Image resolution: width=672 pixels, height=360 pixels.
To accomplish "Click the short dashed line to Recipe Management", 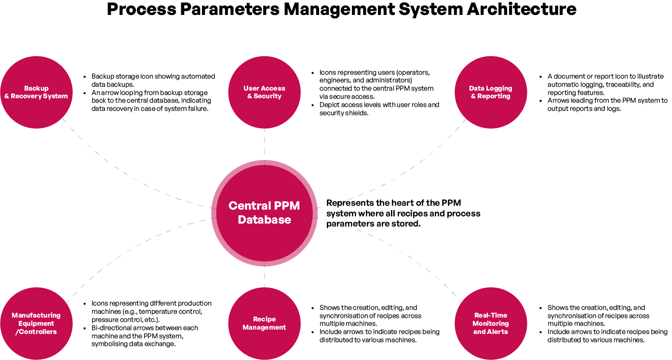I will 264,277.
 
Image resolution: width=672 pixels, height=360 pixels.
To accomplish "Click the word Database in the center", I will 264,220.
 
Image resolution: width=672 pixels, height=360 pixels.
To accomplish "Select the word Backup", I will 36,88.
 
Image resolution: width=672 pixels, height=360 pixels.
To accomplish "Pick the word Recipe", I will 264,319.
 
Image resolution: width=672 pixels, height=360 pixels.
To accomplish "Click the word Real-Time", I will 491,315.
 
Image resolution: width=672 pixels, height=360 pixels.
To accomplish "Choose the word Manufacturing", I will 36,315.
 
